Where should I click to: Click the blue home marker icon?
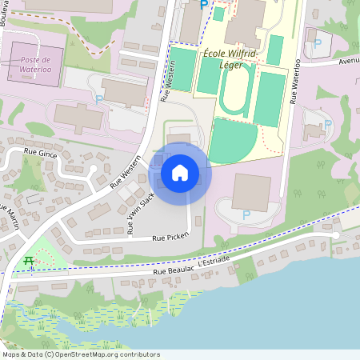tap(180, 173)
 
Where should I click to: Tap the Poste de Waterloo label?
tap(34, 65)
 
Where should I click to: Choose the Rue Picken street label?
tap(170, 238)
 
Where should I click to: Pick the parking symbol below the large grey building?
tap(246, 215)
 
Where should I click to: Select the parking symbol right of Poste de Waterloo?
tap(99, 100)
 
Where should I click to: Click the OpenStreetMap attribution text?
tap(81, 354)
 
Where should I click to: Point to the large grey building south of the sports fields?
tap(251, 191)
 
